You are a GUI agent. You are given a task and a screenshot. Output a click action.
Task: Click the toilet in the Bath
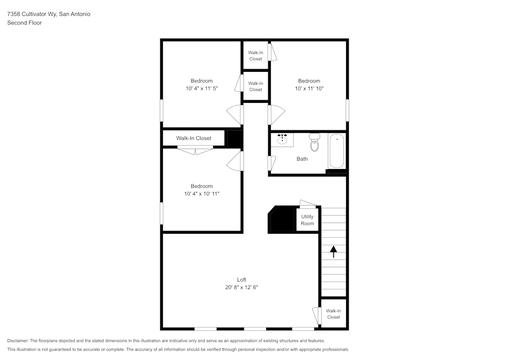(314, 143)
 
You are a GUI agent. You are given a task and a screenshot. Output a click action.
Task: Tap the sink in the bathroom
(282, 139)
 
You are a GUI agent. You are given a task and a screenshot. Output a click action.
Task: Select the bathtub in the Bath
(336, 151)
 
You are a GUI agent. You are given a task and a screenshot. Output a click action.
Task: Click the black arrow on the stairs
(333, 252)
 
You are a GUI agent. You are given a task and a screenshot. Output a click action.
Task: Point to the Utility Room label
(307, 220)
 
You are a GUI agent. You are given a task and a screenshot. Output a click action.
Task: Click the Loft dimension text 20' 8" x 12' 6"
(242, 287)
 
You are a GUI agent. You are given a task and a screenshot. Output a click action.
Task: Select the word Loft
(242, 280)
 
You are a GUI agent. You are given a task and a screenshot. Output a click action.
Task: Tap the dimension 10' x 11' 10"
(309, 89)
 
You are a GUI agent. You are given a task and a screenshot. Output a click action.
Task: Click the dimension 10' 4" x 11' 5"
(202, 89)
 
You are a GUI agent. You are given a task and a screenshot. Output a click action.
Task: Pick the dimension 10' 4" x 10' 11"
(202, 194)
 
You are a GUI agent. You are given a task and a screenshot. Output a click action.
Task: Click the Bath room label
(302, 159)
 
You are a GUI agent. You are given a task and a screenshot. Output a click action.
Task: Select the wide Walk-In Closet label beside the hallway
(193, 138)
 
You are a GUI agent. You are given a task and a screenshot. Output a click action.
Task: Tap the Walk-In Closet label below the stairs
(333, 314)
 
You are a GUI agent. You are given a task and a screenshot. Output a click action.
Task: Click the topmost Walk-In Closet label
(256, 56)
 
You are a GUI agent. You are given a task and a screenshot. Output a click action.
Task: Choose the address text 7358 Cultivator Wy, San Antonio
(49, 14)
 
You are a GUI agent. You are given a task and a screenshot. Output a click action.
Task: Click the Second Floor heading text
(24, 23)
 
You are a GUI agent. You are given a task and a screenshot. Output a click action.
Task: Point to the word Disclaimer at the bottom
(18, 341)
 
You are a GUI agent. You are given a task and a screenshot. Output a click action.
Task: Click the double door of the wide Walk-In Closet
(195, 150)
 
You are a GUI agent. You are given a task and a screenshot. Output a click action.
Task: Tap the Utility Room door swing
(307, 205)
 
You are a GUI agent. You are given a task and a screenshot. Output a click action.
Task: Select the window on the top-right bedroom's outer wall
(348, 109)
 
